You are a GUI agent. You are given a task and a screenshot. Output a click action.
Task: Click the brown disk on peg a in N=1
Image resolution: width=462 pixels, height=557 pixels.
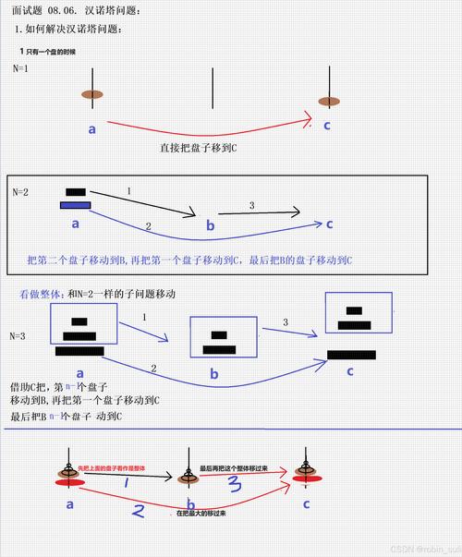coord(91,94)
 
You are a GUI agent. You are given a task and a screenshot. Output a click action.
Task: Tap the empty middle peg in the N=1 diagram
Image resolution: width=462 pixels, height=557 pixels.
coord(213,89)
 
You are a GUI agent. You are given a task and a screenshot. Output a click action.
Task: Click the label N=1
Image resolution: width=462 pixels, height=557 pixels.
coord(20,68)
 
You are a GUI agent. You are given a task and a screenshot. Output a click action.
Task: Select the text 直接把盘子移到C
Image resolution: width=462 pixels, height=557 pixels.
coord(199,147)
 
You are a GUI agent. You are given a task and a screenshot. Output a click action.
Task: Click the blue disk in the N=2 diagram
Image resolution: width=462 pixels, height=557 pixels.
coord(75,205)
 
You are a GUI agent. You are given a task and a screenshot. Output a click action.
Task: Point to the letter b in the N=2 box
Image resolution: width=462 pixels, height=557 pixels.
coord(211,226)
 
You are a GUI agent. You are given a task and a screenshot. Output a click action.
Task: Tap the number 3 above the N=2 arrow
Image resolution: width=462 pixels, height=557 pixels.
coord(251,204)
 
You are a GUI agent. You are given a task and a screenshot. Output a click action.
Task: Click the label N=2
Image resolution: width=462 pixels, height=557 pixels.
coord(20,192)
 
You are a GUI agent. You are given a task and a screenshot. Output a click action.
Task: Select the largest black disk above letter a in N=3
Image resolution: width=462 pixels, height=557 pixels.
coord(79,351)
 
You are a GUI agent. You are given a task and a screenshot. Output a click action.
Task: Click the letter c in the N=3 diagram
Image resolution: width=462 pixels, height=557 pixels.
coord(350,371)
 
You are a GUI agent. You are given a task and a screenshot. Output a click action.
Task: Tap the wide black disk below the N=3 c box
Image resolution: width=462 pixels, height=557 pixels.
coord(351,354)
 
